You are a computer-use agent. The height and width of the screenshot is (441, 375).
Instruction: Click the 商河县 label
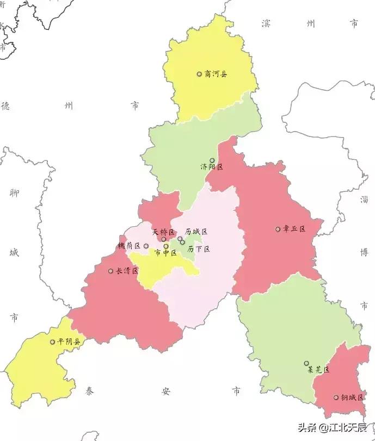216,74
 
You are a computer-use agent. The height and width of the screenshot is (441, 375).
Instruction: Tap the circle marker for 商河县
199,74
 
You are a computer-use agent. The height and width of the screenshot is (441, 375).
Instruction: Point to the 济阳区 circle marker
212,160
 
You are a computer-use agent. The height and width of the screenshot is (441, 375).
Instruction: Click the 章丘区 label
294,229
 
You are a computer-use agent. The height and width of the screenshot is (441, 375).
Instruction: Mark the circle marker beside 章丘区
278,229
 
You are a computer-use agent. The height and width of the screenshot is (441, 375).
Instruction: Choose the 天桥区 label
163,232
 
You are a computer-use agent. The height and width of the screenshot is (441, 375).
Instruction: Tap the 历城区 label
196,232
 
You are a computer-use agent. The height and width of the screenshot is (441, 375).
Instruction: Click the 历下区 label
199,249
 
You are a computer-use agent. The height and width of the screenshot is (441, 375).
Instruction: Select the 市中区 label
166,253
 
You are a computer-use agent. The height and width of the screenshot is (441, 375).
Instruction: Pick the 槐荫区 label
130,246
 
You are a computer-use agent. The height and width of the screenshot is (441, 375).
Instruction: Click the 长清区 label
127,271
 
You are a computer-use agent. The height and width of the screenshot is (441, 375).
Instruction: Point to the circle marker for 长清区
110,271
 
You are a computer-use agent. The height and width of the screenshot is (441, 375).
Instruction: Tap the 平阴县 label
69,342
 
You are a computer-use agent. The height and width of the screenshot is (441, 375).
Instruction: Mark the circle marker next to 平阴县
53,342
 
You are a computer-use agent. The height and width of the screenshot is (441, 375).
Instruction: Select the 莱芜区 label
318,370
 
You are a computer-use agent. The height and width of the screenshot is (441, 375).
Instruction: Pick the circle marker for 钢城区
336,397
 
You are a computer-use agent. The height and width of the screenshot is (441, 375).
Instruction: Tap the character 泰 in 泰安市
89,391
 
